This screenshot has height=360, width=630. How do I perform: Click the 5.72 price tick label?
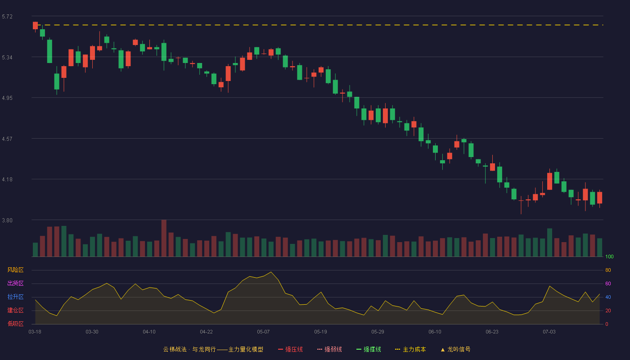click(7, 17)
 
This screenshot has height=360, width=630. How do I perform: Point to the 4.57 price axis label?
click(7, 139)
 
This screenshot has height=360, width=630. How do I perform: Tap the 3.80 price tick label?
click(7, 220)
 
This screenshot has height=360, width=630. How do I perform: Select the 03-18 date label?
click(35, 332)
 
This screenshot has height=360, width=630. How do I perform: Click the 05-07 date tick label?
click(263, 332)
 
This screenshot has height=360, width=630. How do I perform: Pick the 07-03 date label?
click(549, 332)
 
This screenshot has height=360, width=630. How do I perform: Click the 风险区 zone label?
click(15, 270)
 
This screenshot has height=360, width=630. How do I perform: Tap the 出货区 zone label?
click(15, 283)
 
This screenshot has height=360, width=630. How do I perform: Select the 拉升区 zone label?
click(15, 297)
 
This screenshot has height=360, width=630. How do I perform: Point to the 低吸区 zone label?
click(15, 324)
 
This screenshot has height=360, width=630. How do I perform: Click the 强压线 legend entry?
click(290, 350)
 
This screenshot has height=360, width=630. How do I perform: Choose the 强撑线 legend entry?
click(369, 350)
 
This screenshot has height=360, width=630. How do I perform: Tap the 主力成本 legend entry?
click(410, 350)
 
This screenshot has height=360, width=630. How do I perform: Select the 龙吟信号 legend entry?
click(455, 350)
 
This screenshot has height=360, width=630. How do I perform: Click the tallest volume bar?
click(164, 238)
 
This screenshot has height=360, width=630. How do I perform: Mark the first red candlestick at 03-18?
click(35, 26)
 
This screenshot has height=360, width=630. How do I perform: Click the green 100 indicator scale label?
click(609, 256)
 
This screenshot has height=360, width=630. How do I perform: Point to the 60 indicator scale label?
click(608, 283)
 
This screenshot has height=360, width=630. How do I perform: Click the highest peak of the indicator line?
click(271, 272)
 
